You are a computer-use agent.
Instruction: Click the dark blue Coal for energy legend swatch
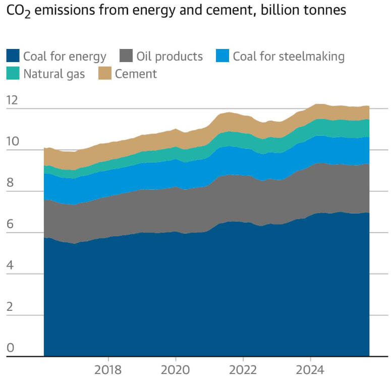coord(13,56)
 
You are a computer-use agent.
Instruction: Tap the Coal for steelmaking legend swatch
coord(222,56)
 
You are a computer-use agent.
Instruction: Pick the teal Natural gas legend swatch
coord(13,74)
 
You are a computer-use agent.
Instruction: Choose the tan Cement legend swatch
coord(105,74)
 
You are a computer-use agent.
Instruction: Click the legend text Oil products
coord(170,56)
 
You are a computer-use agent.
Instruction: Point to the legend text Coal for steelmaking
coord(289,56)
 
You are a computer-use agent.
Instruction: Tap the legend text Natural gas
coord(54,74)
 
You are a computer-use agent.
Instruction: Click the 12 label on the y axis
coord(12,100)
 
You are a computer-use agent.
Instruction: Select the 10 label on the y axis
coord(12,142)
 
